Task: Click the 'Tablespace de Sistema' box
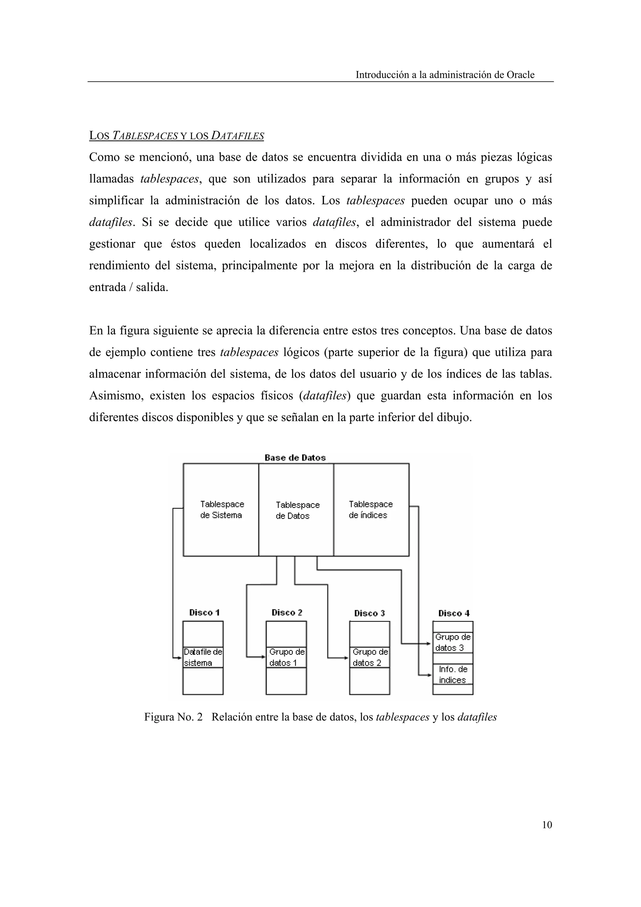[221, 510]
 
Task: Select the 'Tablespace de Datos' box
[296, 510]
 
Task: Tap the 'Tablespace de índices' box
[371, 510]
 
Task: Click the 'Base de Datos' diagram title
[295, 458]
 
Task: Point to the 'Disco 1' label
[204, 613]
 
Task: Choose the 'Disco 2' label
[287, 613]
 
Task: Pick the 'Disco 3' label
[369, 613]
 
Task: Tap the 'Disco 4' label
[454, 613]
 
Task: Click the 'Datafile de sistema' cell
[203, 657]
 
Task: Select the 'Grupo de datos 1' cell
[286, 657]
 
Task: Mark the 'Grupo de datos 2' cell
[370, 657]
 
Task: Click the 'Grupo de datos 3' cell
[453, 642]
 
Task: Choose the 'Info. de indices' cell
[453, 674]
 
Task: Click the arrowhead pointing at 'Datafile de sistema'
[179, 658]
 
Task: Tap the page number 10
[547, 825]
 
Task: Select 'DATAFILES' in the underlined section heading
[237, 136]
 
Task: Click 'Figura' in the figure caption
[157, 717]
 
